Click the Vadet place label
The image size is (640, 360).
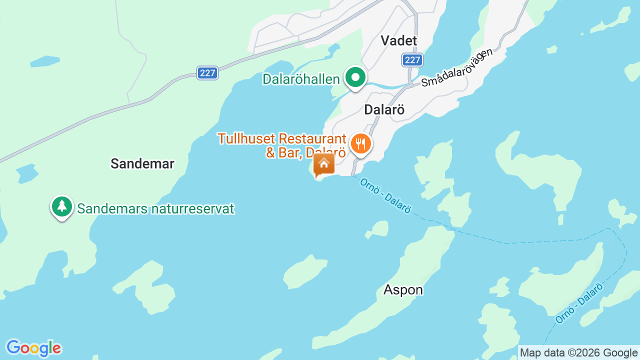pos(398,40)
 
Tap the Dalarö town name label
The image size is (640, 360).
pos(384,109)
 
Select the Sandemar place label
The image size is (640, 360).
pos(142,163)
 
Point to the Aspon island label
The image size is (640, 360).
pos(403,290)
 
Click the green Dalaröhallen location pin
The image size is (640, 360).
pos(355,78)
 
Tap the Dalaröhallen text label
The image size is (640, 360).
pos(301,79)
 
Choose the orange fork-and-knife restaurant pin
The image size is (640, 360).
pos(360,144)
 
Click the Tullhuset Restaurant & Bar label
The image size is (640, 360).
pos(281,145)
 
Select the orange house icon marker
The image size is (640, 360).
pos(323,164)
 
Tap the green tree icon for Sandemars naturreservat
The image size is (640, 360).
pos(62,206)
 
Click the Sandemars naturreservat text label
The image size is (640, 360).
pos(155,208)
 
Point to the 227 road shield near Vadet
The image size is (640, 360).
pos(412,60)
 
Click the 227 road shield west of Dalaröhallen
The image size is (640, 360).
pos(207,73)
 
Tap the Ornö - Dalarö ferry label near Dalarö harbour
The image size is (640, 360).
pos(385,196)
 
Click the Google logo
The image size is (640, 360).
pos(33,348)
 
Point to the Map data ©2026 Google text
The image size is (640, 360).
pos(578,352)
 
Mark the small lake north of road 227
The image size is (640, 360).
pos(45,61)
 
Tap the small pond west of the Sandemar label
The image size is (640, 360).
pos(27,173)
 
